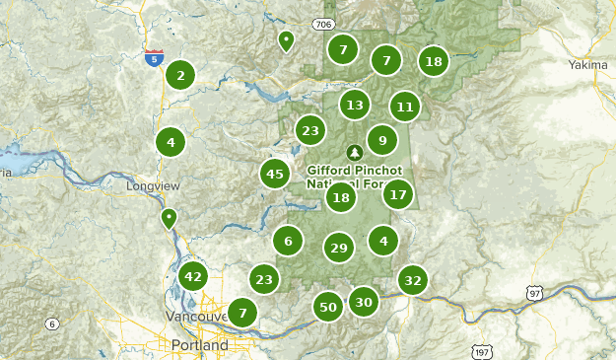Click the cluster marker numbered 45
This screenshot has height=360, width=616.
click(x=275, y=175)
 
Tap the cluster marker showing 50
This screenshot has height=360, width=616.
click(x=329, y=308)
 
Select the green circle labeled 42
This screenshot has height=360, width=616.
click(x=192, y=277)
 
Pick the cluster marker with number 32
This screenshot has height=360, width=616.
click(x=413, y=281)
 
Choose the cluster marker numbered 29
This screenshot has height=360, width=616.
click(x=339, y=248)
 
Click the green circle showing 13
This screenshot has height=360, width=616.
click(x=355, y=105)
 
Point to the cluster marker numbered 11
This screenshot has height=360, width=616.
click(x=405, y=107)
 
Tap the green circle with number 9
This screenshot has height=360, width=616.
click(x=382, y=140)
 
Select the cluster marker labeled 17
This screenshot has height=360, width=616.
click(x=398, y=194)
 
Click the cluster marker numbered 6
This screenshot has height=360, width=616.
click(x=288, y=241)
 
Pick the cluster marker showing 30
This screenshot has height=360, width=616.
click(x=365, y=303)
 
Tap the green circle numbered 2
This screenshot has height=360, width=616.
click(x=180, y=75)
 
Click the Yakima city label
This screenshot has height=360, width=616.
click(x=588, y=65)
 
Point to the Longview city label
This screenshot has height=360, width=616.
click(x=149, y=185)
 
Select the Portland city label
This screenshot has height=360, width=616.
click(x=199, y=346)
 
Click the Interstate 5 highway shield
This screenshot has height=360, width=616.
click(x=153, y=59)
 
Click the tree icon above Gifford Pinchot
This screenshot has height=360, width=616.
click(x=355, y=152)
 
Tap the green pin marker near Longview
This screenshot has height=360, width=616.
click(x=169, y=217)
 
